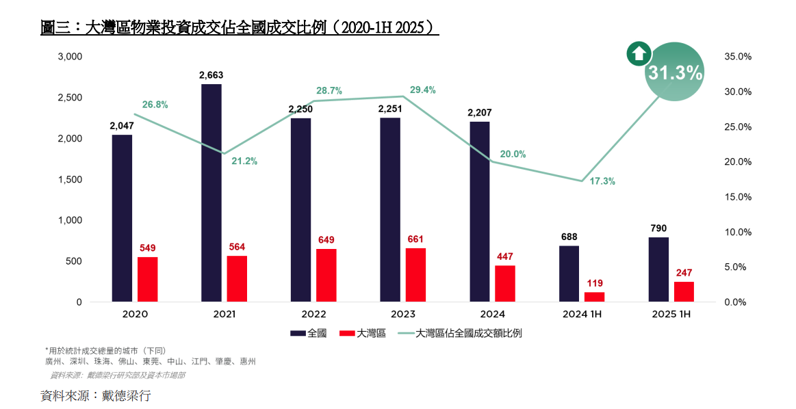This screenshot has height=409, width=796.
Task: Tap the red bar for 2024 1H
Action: point(594,297)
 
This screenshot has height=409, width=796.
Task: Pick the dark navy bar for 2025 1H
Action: point(658,269)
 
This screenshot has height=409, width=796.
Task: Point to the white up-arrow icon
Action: point(639,54)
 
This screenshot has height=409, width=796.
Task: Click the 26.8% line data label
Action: point(155,105)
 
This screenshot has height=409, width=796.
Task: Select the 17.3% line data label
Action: point(602,181)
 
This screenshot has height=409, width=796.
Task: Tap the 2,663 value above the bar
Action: point(211,75)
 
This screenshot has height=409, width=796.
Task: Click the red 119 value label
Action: point(594,283)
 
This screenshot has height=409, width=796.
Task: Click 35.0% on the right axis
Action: point(738,57)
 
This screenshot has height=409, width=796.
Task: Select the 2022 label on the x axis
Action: point(313,315)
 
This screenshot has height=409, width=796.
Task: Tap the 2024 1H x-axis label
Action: point(582,315)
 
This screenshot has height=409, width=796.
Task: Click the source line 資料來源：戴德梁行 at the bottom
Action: point(95,395)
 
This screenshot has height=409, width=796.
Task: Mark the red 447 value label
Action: point(504,256)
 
